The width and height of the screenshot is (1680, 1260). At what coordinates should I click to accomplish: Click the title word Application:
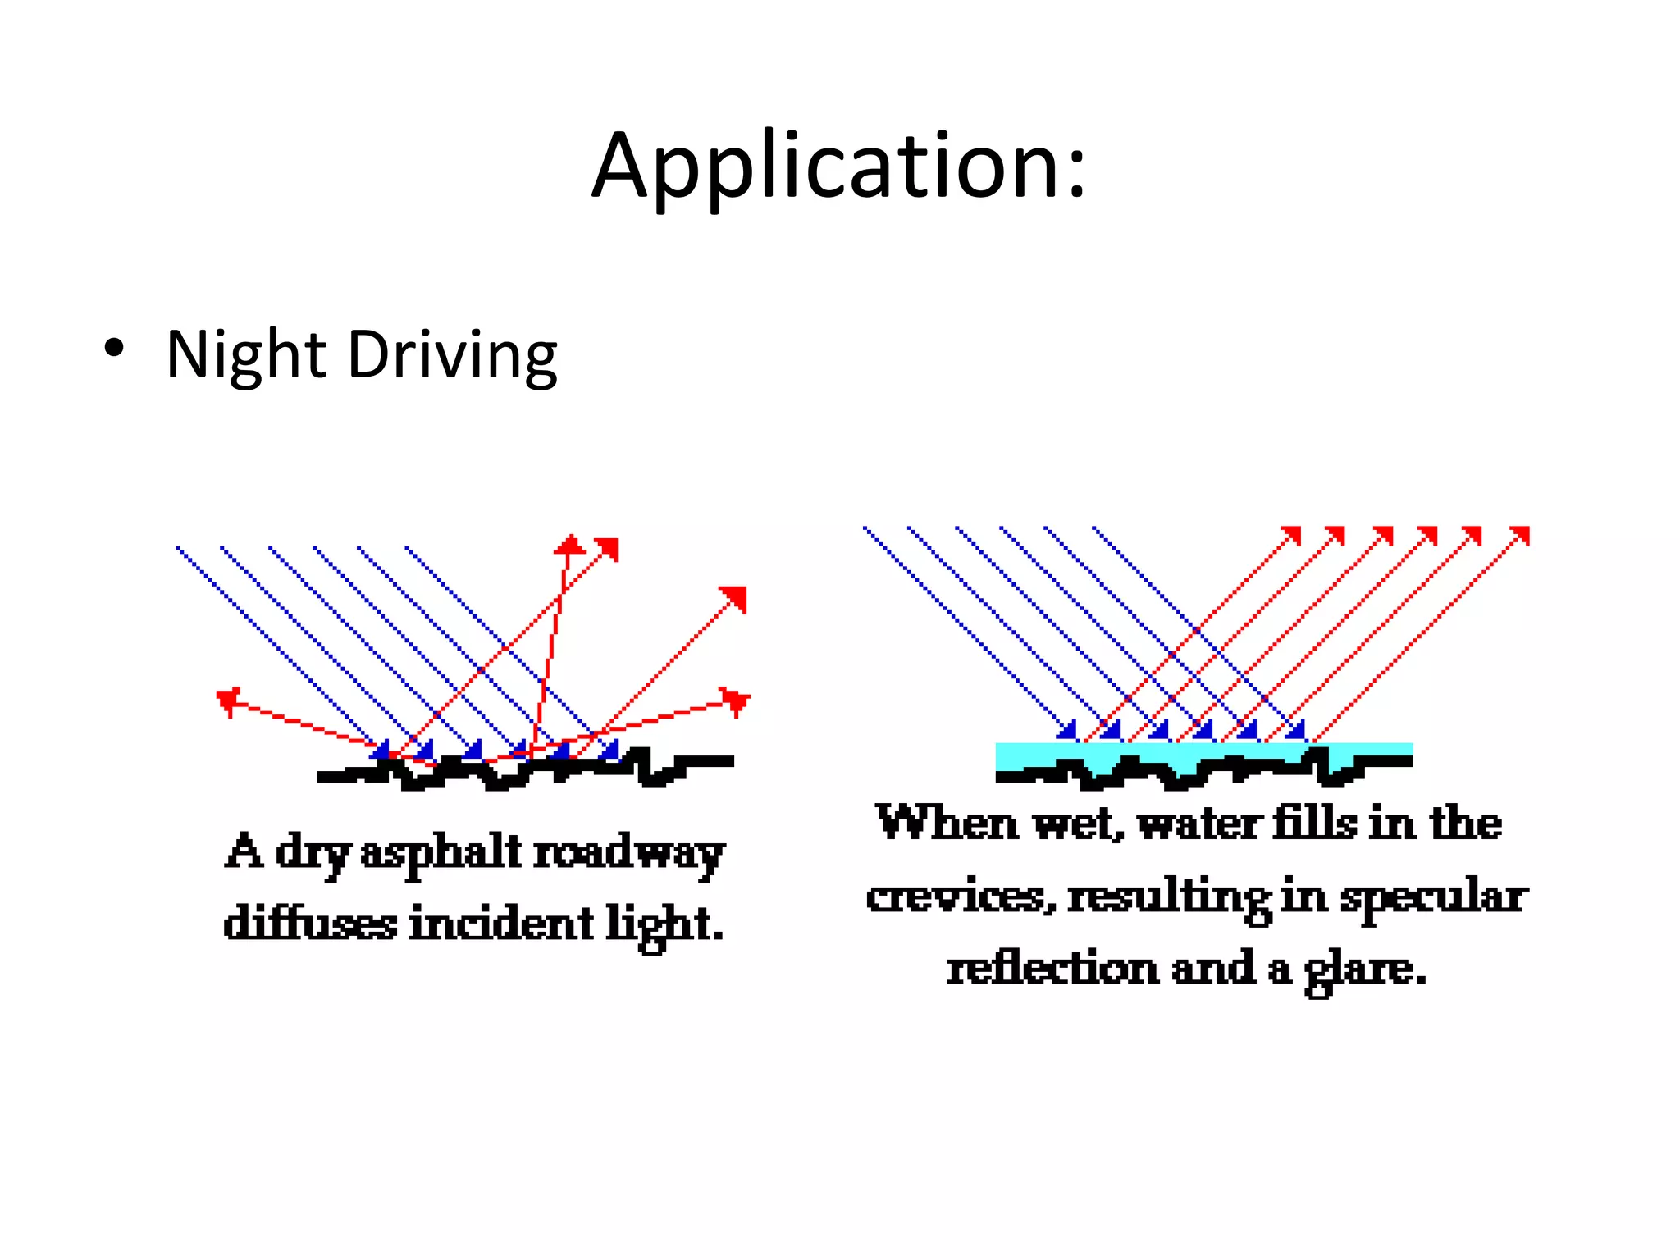[x=839, y=167]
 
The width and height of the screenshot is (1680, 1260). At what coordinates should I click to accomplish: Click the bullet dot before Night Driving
[x=114, y=349]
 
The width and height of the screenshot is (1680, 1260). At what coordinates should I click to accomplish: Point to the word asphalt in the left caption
[x=441, y=853]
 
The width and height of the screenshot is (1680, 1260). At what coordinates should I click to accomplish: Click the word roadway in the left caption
[x=629, y=853]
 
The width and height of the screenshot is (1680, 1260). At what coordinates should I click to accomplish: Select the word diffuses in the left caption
[x=310, y=924]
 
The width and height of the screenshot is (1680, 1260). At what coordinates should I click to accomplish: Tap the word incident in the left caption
[x=500, y=924]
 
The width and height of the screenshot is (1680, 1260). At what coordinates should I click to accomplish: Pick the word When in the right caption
[x=946, y=823]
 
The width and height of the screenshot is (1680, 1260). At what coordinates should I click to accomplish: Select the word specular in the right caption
[x=1434, y=896]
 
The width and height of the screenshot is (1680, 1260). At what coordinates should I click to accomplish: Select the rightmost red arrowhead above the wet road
[x=1520, y=536]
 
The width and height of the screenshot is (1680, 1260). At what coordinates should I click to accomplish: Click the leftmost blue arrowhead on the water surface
[x=1067, y=729]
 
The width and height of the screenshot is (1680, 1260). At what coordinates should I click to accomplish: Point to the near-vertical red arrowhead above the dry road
[x=568, y=544]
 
